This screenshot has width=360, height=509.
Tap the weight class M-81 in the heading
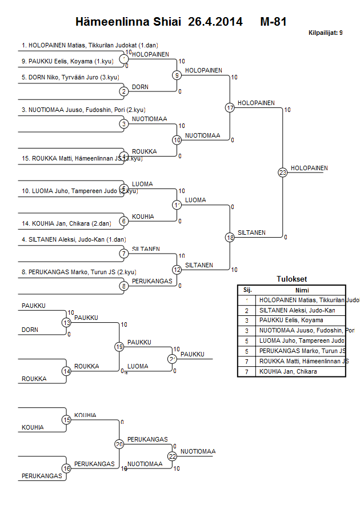pos(273,22)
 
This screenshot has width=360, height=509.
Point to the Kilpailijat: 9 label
pos(325,33)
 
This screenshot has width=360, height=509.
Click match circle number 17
pos(230,107)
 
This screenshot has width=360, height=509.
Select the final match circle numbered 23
pos(282,172)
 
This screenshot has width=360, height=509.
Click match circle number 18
pos(230,237)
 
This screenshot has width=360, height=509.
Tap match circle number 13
pos(66,323)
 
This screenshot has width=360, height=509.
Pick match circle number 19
pos(119,347)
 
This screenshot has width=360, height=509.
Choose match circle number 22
pos(172,456)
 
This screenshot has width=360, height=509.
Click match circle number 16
pos(66,468)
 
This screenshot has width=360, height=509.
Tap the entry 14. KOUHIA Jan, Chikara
pos(66,223)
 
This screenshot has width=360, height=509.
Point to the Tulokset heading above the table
pos(291,279)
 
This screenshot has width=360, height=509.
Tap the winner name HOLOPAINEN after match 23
pos(309,168)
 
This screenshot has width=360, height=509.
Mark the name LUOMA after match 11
pos(195,200)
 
